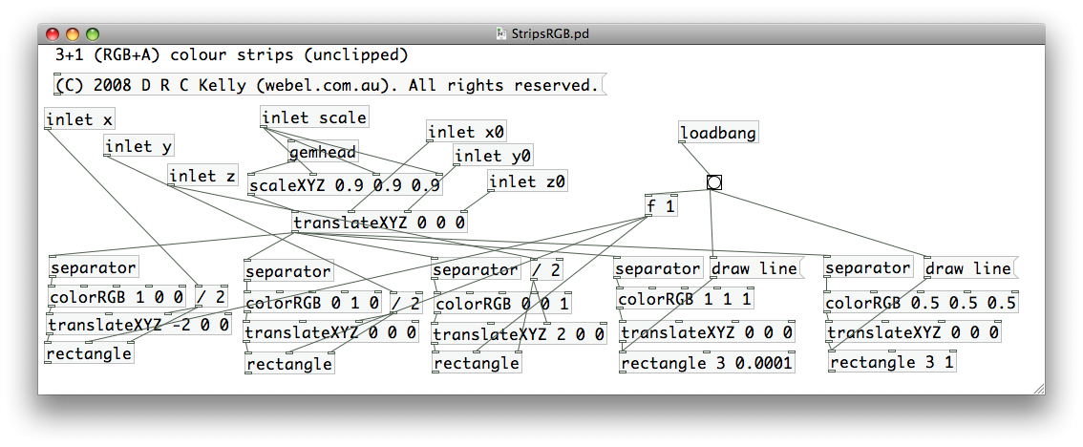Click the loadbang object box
[718, 133]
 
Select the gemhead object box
[323, 152]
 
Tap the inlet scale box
[314, 117]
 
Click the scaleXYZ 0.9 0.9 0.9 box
[345, 185]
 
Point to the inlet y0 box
[493, 156]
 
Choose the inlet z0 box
[527, 181]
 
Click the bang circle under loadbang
[714, 182]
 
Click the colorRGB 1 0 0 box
[117, 296]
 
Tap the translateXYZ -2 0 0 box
[138, 325]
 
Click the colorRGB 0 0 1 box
[502, 304]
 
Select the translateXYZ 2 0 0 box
[520, 334]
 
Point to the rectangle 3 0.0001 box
[707, 362]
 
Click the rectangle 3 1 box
[892, 362]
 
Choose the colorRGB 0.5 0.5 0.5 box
[921, 304]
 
